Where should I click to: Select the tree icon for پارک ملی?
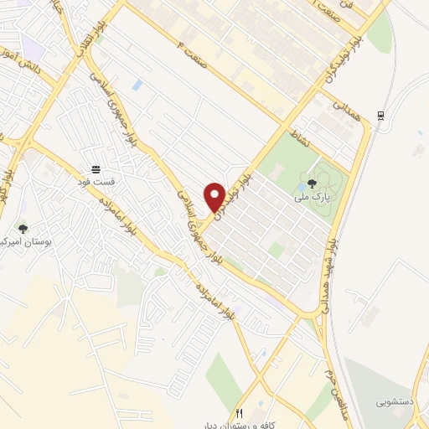pos(313,184)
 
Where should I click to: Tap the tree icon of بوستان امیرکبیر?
pos(23,228)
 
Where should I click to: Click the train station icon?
pos(382,116)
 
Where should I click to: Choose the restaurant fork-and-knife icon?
pos(240,413)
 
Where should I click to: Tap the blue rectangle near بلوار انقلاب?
pos(137,85)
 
